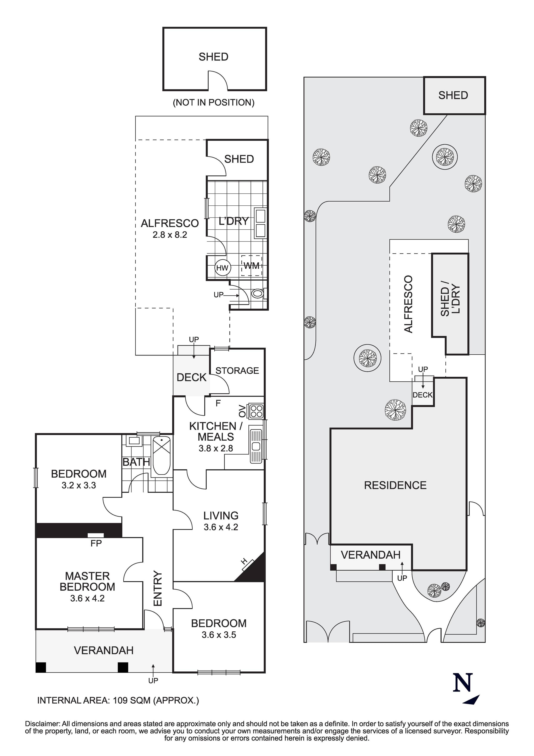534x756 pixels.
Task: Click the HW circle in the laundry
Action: point(222,268)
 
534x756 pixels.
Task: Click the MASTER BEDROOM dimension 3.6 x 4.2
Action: point(87,598)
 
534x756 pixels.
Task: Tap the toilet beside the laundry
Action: point(258,293)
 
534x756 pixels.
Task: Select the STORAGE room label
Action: point(237,371)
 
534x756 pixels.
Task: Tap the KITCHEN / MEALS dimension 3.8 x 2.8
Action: point(216,448)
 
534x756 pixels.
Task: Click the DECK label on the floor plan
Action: point(191,377)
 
